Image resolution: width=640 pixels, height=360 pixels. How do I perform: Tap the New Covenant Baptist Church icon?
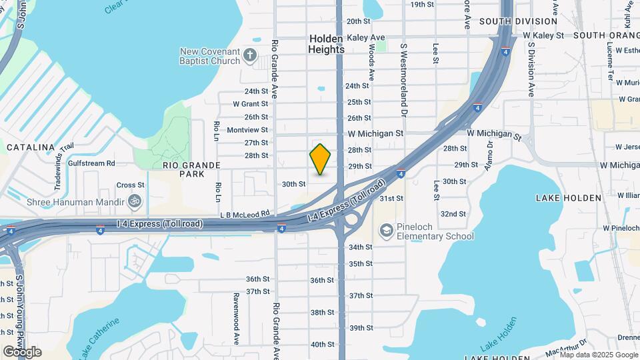coord(250,55)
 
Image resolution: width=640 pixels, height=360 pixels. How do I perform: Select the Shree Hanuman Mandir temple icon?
coord(135,201)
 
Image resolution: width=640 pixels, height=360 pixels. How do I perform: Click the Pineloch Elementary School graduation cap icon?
coord(385,231)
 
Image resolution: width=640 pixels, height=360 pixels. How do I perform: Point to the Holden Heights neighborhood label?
coord(327,44)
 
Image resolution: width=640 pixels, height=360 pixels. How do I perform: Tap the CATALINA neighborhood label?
coord(30,147)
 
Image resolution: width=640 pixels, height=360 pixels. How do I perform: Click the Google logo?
coord(22,352)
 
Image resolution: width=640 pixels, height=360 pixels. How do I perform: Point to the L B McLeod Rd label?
coord(246,214)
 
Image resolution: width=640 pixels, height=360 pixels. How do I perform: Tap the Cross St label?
coord(130,185)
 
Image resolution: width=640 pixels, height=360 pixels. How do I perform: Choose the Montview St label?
coord(247,130)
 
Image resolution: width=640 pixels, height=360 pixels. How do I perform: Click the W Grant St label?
coord(250,104)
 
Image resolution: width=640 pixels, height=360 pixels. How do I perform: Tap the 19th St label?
coord(422,4)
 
